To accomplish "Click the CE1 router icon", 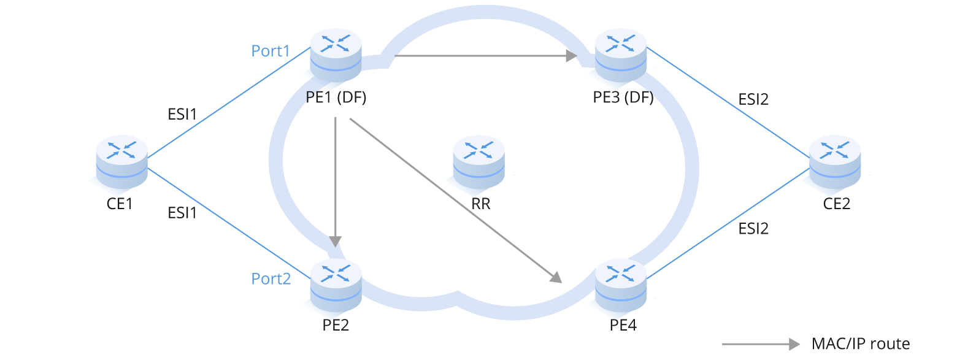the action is point(121,163).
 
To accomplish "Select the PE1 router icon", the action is point(336,56).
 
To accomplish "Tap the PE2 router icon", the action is point(336,286).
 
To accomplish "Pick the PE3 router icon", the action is point(620,56).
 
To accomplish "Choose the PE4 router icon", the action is point(620,286).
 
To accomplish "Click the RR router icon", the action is point(479,163).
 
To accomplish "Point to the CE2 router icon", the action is point(835,163).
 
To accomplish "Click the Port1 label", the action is point(271,51).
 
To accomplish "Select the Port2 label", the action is point(271,278).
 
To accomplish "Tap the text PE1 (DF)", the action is point(336,98).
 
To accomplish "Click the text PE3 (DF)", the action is point(623,98).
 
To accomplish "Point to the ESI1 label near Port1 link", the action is point(182,114).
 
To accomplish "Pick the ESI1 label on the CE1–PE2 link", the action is point(182,213).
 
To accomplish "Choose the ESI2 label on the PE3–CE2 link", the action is point(753,99).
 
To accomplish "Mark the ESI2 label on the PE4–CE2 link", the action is point(753,229).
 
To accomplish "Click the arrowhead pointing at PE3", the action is point(572,56).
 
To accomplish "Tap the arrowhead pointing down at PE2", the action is point(336,241).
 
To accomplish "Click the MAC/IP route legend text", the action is point(861,344).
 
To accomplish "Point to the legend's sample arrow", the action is point(761,344).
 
